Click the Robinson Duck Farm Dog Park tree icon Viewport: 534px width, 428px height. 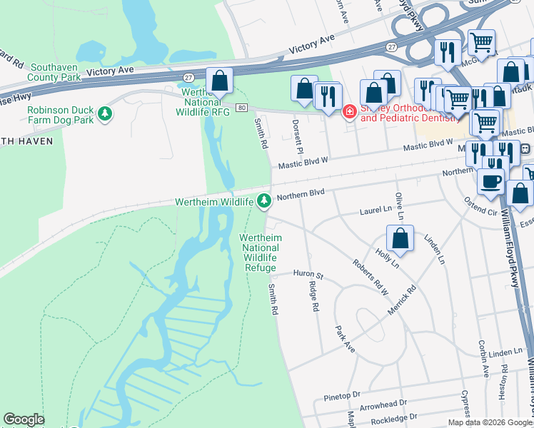(105, 113)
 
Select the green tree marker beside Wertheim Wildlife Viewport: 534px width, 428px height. (264, 201)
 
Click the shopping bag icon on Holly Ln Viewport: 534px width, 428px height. (400, 240)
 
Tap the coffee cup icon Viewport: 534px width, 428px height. (490, 181)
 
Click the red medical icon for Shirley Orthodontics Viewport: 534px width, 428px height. (350, 111)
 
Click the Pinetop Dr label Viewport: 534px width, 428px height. (343, 394)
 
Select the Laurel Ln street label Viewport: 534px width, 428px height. (376, 212)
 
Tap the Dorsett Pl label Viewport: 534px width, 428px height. (297, 136)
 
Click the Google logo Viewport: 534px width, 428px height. (24, 419)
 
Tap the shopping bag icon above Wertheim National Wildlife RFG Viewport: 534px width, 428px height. (220, 81)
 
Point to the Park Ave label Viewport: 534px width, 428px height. (345, 339)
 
